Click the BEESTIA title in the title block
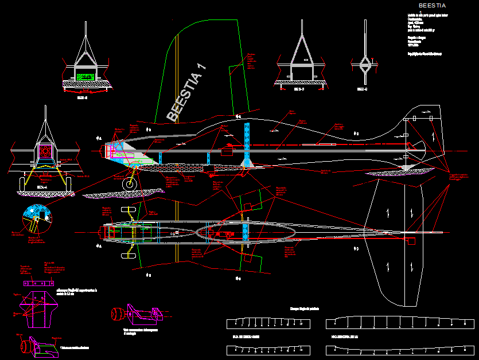click(432, 6)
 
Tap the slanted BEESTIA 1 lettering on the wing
click(186, 91)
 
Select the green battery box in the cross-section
click(85, 76)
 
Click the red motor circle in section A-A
click(45, 151)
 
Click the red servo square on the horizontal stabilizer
click(411, 241)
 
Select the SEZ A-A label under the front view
click(42, 187)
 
